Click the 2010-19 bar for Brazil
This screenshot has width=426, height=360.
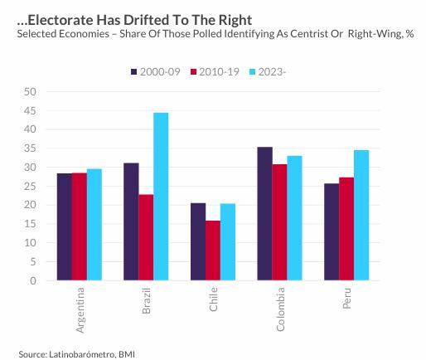pyautogui.click(x=146, y=237)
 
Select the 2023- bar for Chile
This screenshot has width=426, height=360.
pyautogui.click(x=228, y=242)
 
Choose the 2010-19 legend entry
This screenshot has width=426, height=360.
pyautogui.click(x=215, y=72)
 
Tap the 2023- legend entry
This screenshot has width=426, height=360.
pyautogui.click(x=269, y=72)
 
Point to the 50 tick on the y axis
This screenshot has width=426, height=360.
pyautogui.click(x=31, y=91)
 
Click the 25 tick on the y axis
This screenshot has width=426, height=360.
pyautogui.click(x=31, y=186)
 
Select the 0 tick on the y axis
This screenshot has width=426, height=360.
pyautogui.click(x=33, y=280)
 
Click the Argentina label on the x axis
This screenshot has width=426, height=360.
pyautogui.click(x=80, y=310)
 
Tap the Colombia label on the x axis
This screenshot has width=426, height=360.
pyautogui.click(x=281, y=309)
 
